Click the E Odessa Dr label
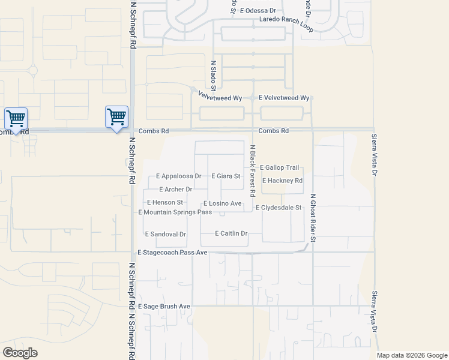coord(258,11)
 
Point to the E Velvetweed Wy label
coord(284,98)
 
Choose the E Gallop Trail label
coord(279,167)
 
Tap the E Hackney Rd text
coord(281,181)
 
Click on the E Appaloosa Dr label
coord(178,176)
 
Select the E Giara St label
coord(226,176)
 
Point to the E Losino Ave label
coord(222,204)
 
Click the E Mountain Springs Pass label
coord(175,212)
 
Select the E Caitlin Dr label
coord(231,233)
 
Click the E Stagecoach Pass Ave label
coord(172,253)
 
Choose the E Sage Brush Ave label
coord(164,307)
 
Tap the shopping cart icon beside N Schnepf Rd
coord(116,116)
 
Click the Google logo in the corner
coord(20,353)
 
